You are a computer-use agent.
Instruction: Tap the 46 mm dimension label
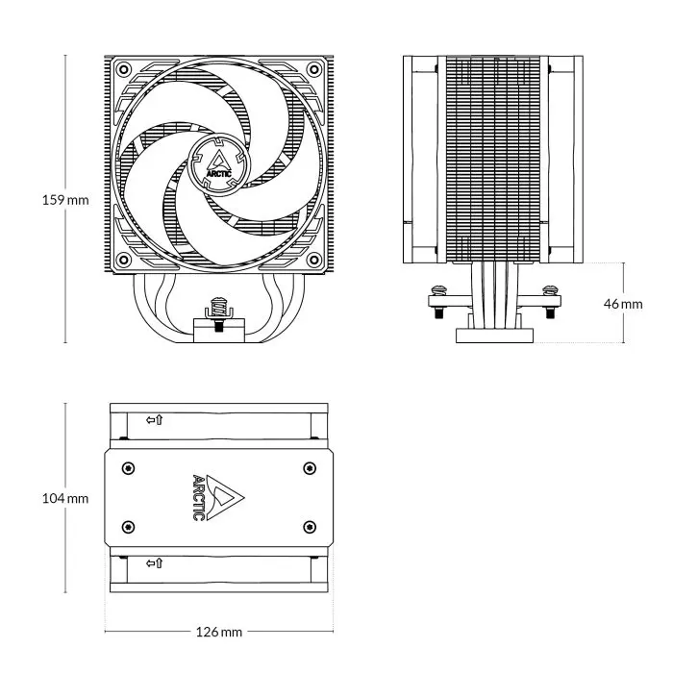coord(623,304)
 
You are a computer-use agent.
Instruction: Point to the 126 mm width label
coord(218,632)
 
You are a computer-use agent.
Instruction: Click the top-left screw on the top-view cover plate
coord(129,468)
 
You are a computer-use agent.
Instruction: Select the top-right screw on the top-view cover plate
coord(308,468)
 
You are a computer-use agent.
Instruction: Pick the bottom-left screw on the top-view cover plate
coord(129,527)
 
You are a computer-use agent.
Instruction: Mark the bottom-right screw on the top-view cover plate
coord(308,527)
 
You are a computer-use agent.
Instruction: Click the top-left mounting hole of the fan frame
coord(122,70)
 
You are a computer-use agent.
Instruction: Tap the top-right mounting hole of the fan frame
coord(314,70)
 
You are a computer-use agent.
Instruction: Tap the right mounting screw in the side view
coord(550,291)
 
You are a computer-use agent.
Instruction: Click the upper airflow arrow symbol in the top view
coord(154,420)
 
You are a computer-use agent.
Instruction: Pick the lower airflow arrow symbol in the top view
coord(154,562)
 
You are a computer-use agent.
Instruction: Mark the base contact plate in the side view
coord(494,334)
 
